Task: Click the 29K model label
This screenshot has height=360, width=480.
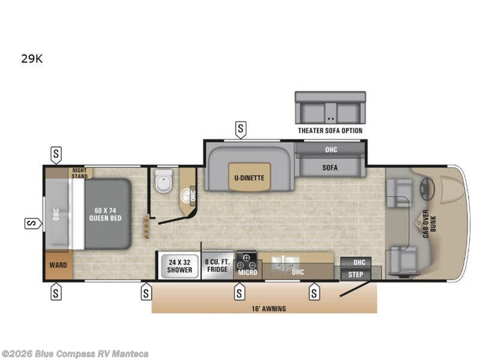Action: pyautogui.click(x=32, y=58)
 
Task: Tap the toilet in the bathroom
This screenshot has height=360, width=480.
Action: pyautogui.click(x=163, y=181)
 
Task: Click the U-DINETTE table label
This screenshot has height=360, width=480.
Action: pyautogui.click(x=249, y=178)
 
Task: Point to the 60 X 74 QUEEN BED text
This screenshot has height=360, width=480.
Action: pyautogui.click(x=105, y=214)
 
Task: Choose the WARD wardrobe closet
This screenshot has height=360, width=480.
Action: pyautogui.click(x=58, y=265)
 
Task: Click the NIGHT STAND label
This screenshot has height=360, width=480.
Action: pyautogui.click(x=80, y=173)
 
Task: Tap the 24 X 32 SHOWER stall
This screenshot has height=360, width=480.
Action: pyautogui.click(x=179, y=266)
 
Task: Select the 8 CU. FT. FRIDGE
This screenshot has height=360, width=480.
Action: pyautogui.click(x=217, y=266)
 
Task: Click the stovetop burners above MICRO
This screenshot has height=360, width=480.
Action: pyautogui.click(x=247, y=260)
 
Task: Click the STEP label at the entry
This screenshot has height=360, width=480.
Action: pyautogui.click(x=355, y=275)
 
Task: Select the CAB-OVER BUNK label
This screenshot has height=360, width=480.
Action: pyautogui.click(x=430, y=224)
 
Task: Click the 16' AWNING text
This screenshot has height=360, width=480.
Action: pyautogui.click(x=269, y=308)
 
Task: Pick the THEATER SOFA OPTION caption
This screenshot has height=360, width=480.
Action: pyautogui.click(x=331, y=131)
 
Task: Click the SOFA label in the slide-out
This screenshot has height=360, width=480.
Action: pyautogui.click(x=330, y=168)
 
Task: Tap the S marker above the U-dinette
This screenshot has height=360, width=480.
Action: pyautogui.click(x=241, y=130)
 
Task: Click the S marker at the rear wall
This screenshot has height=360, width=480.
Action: pyautogui.click(x=33, y=223)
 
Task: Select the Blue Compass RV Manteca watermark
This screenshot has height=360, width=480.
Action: pyautogui.click(x=74, y=354)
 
